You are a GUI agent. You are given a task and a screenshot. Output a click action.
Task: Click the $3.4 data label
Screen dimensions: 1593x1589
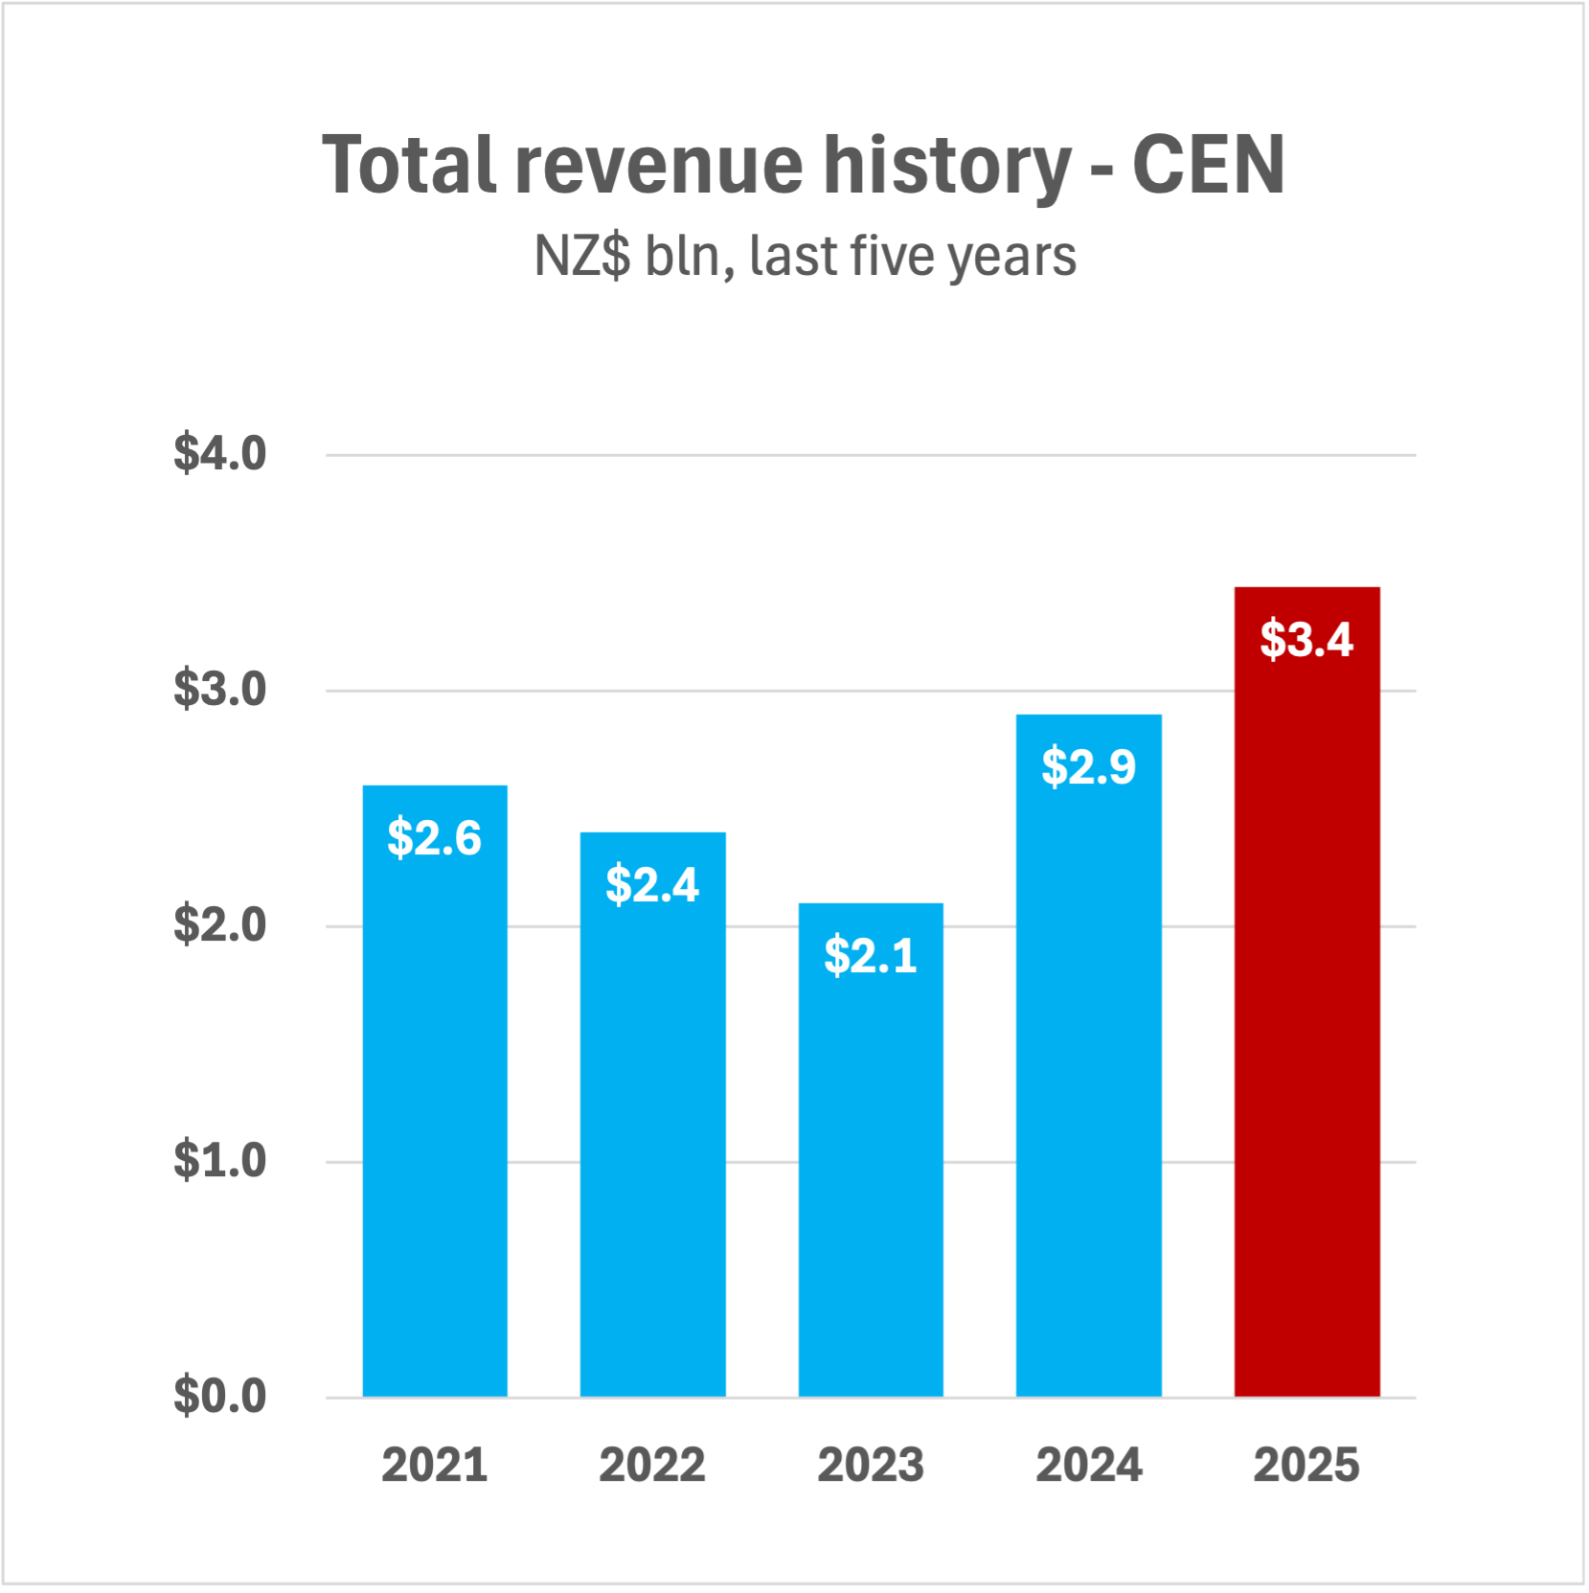pos(1306,640)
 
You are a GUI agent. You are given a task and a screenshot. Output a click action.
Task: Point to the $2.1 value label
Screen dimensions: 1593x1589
pos(871,956)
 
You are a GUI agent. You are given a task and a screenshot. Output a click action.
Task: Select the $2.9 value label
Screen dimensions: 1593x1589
pos(1089,767)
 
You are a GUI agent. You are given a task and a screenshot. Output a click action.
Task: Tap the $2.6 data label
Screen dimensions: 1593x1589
pos(435,838)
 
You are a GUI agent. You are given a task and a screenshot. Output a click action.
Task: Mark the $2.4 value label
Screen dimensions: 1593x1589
pos(652,884)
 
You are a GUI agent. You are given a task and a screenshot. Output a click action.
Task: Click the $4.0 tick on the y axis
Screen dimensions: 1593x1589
pos(219,454)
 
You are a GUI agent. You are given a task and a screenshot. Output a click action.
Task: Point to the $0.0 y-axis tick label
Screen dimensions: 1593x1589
pos(219,1397)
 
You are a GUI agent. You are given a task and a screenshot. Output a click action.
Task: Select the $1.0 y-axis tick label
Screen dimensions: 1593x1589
pos(219,1161)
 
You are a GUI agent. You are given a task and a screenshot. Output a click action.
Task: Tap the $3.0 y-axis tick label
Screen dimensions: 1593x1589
pos(219,690)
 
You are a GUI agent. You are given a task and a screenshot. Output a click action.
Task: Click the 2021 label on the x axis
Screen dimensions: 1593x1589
pos(435,1466)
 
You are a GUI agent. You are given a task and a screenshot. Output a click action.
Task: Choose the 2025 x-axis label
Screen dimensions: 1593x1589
pos(1306,1466)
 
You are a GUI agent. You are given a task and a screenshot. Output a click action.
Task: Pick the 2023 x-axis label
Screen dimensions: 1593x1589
pos(871,1466)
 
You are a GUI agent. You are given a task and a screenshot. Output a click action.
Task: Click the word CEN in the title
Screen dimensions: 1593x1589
pos(1208,165)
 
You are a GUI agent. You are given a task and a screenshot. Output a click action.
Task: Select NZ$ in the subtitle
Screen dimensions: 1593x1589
pos(582,257)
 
